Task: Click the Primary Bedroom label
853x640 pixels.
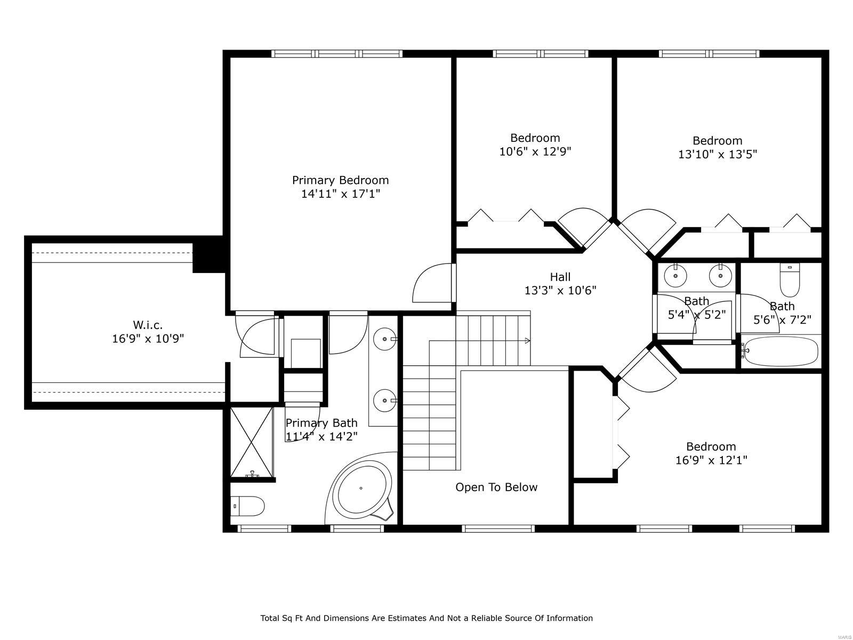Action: [340, 180]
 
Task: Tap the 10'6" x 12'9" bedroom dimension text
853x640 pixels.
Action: [535, 151]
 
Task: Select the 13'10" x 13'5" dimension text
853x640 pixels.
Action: [717, 154]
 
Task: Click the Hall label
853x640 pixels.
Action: [560, 277]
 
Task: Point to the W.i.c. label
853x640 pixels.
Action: [148, 324]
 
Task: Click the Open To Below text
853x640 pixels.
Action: [496, 487]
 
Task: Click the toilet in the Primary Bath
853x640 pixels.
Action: [248, 506]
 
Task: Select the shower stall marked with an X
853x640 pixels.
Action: [251, 441]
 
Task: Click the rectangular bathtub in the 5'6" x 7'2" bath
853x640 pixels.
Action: [780, 351]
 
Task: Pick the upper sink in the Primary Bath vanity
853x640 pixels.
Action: [384, 339]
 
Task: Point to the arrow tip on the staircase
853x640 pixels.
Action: [528, 341]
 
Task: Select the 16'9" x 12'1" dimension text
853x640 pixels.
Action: [711, 460]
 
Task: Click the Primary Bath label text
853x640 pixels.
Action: [321, 423]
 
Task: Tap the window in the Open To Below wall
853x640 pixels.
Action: [498, 529]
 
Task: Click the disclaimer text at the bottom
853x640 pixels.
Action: [426, 618]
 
